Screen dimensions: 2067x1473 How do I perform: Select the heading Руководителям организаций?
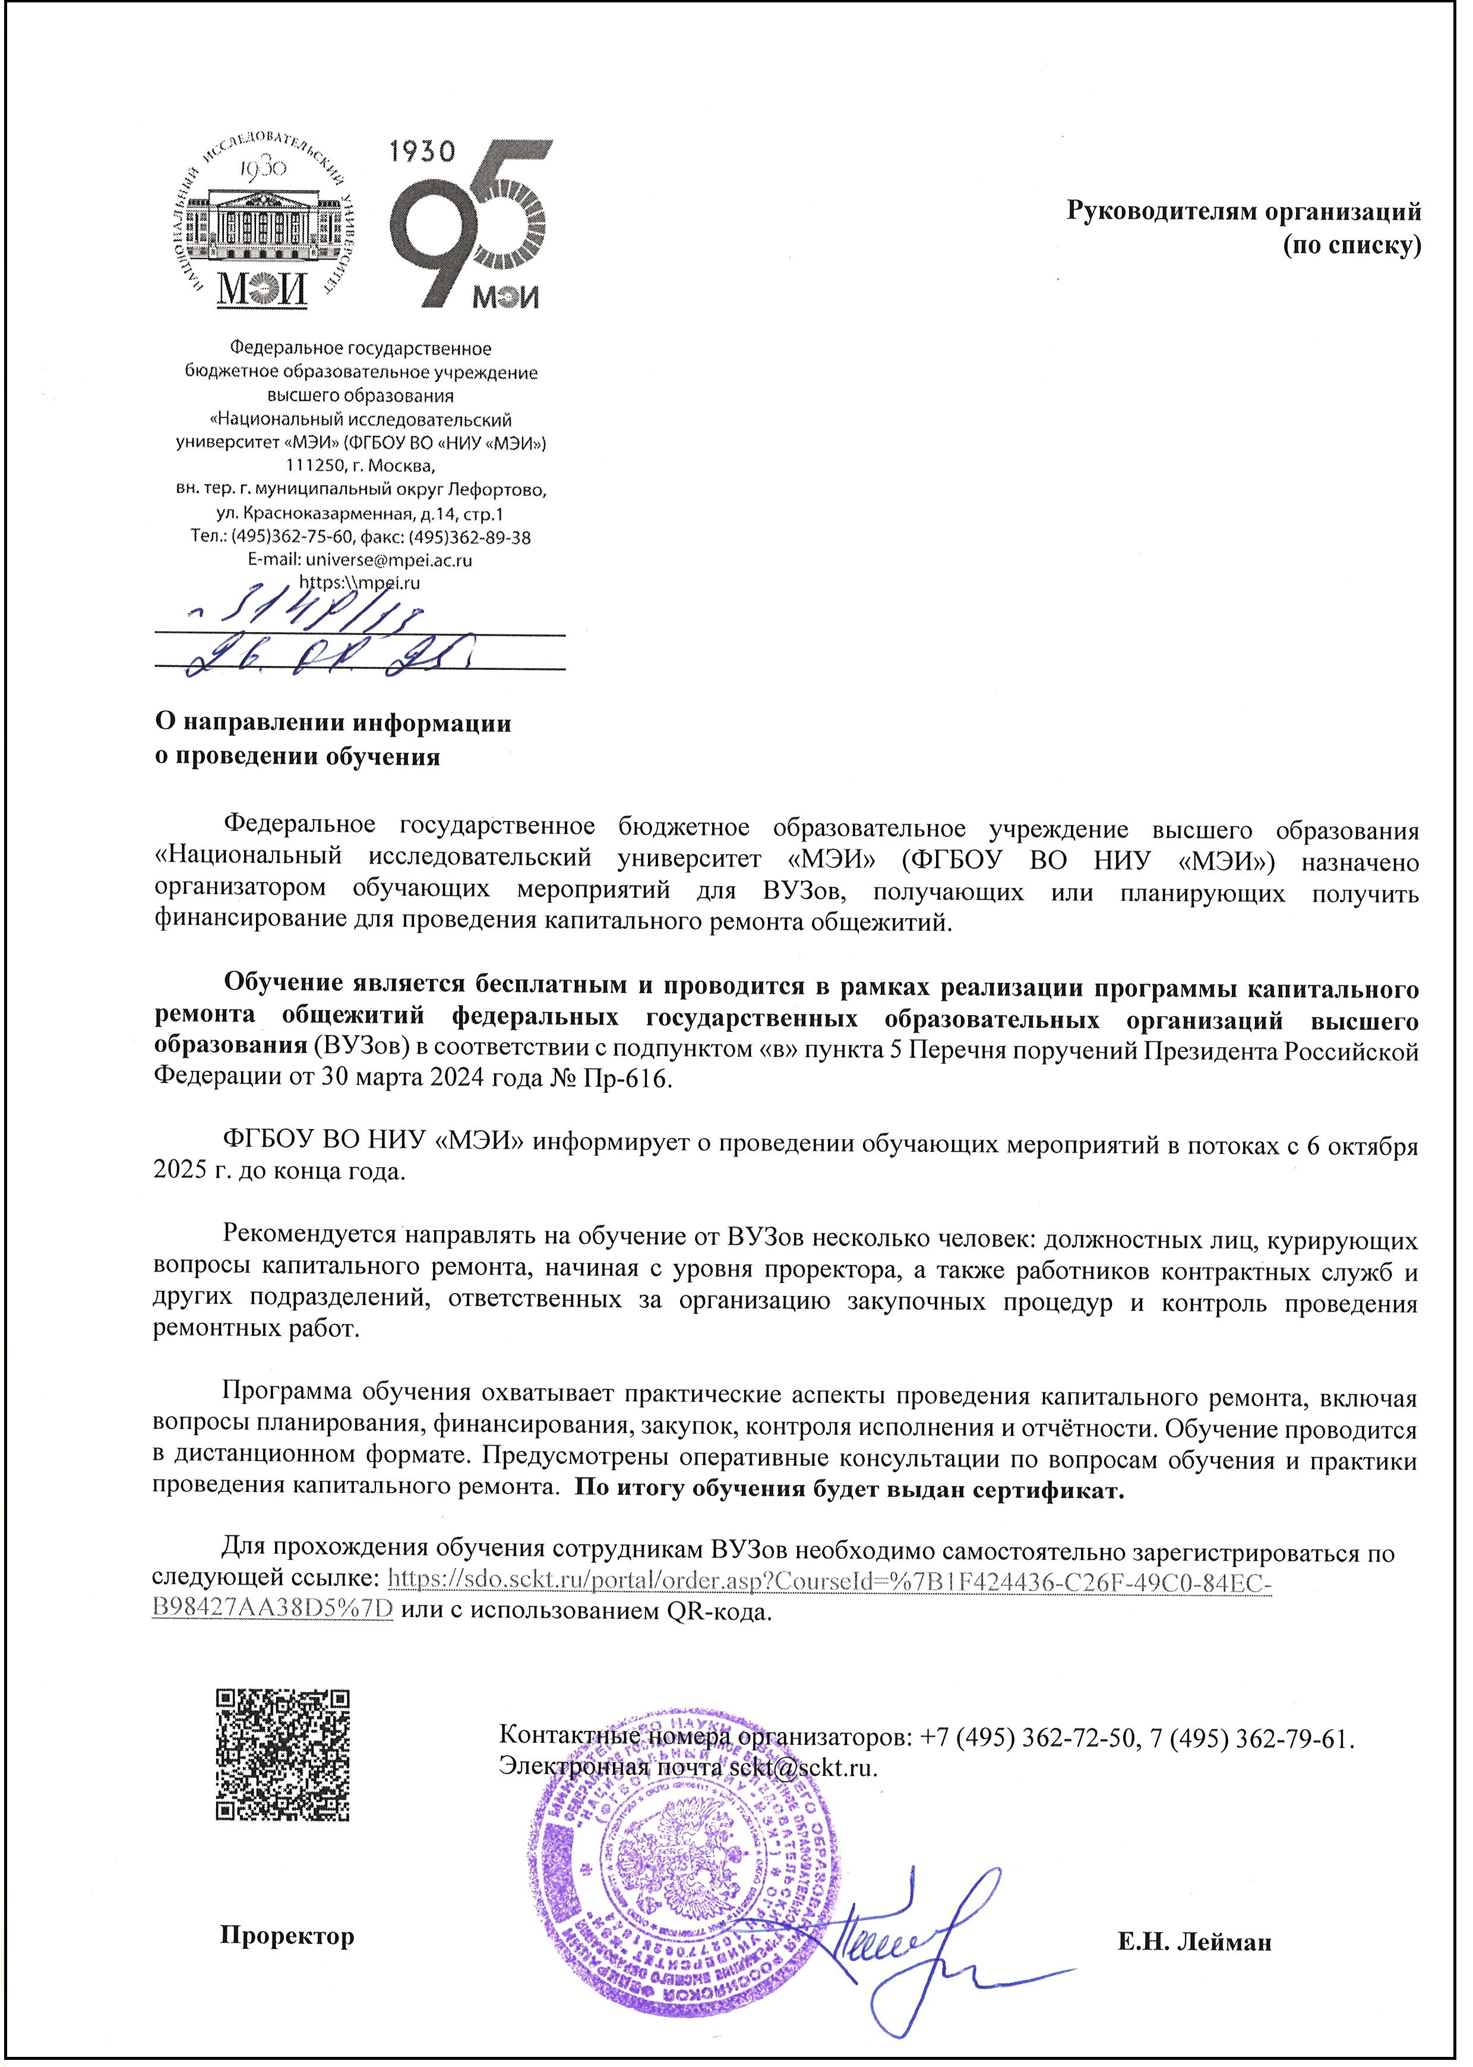1243,212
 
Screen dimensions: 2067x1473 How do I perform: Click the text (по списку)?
1351,246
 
